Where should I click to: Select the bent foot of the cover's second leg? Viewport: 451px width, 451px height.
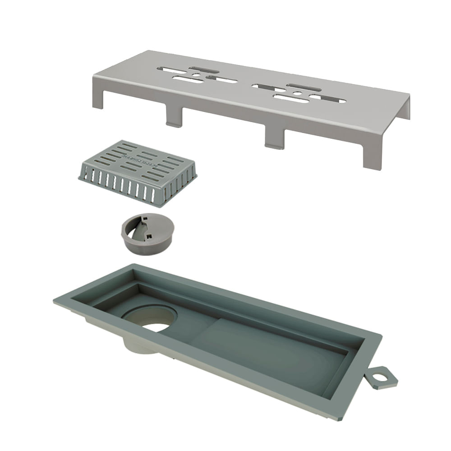tap(174, 124)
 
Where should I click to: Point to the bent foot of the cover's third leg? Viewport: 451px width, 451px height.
tap(274, 145)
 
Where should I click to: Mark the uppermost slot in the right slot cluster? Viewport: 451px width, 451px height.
tap(304, 87)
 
